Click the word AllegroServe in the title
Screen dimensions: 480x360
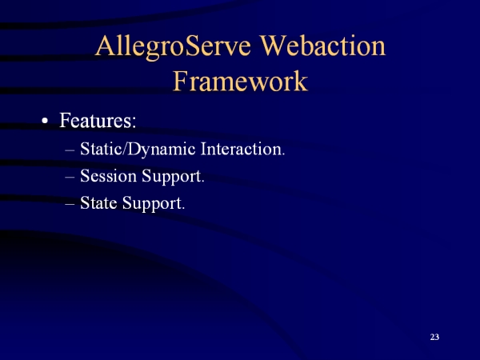pyautogui.click(x=173, y=47)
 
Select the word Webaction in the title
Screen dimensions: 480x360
pyautogui.click(x=322, y=46)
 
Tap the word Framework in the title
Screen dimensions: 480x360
pyautogui.click(x=241, y=81)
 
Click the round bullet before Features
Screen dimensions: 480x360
pyautogui.click(x=45, y=121)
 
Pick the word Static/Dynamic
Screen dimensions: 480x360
pyautogui.click(x=138, y=150)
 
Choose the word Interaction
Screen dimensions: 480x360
pyautogui.click(x=241, y=149)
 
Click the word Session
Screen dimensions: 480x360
pyautogui.click(x=108, y=176)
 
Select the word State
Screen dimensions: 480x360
pyautogui.click(x=98, y=202)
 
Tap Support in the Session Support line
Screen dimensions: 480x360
pyautogui.click(x=171, y=177)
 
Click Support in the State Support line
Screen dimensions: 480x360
pyautogui.click(x=152, y=204)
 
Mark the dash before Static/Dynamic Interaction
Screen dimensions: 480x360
pyautogui.click(x=70, y=150)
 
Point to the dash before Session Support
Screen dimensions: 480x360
pyautogui.click(x=70, y=178)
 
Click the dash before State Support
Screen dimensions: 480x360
pyautogui.click(x=70, y=204)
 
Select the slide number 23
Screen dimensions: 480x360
pyautogui.click(x=434, y=337)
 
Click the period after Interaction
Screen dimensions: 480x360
pyautogui.click(x=283, y=154)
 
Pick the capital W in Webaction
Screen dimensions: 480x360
pyautogui.click(x=274, y=46)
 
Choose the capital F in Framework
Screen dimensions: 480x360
pyautogui.click(x=181, y=81)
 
